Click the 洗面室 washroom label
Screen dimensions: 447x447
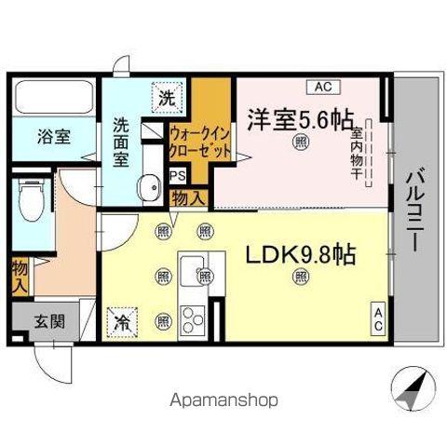pyautogui.click(x=123, y=139)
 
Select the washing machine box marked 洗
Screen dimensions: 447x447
pyautogui.click(x=166, y=97)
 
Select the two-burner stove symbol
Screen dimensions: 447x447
pyautogui.click(x=194, y=321)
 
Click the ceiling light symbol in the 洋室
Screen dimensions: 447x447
pyautogui.click(x=300, y=142)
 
